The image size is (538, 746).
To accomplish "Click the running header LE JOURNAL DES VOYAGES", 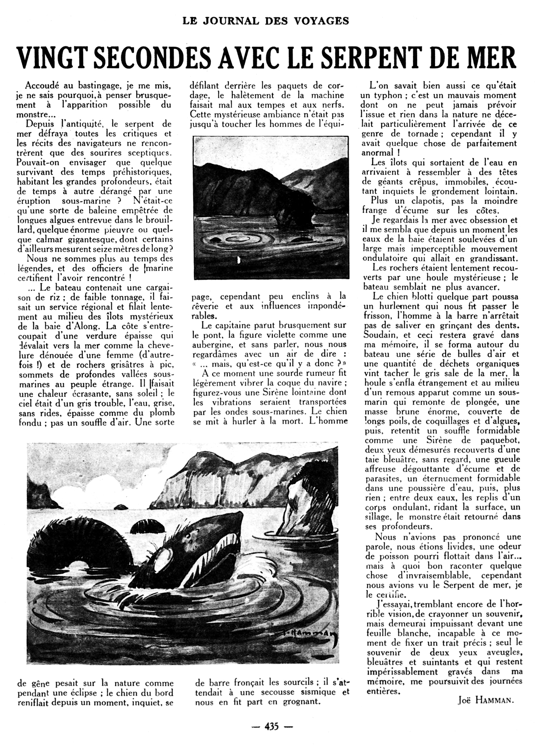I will (266, 21).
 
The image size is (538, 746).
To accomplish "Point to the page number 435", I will (271, 727).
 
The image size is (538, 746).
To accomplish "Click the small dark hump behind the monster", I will (147, 525).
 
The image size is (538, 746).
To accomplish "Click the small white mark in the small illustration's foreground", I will (238, 261).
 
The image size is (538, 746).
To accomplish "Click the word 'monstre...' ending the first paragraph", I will (35, 115).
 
